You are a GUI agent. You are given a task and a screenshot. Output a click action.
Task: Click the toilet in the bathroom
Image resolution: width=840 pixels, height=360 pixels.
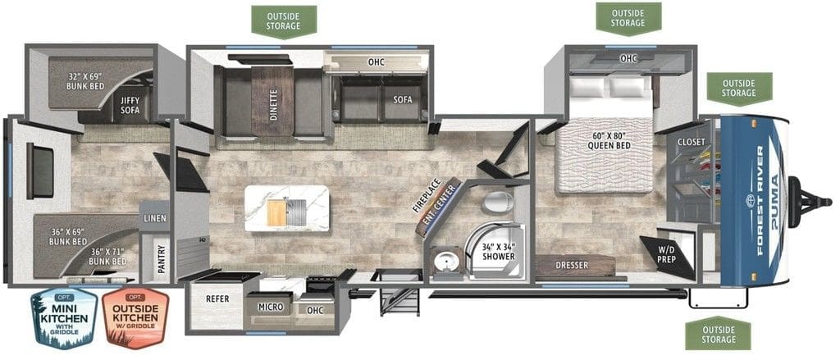click(x=496, y=203)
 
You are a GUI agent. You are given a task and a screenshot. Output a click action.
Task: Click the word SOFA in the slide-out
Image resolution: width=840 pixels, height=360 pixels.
click(x=402, y=100)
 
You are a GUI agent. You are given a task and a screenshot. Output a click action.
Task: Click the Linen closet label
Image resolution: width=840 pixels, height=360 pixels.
click(x=155, y=218)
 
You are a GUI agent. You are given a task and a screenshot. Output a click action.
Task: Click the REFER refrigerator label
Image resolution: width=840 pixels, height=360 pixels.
click(x=217, y=299)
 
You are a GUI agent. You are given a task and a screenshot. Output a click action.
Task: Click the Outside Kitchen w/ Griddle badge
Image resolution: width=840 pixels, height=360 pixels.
click(x=135, y=318)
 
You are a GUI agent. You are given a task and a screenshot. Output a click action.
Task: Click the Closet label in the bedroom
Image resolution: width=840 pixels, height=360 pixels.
click(x=691, y=142)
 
